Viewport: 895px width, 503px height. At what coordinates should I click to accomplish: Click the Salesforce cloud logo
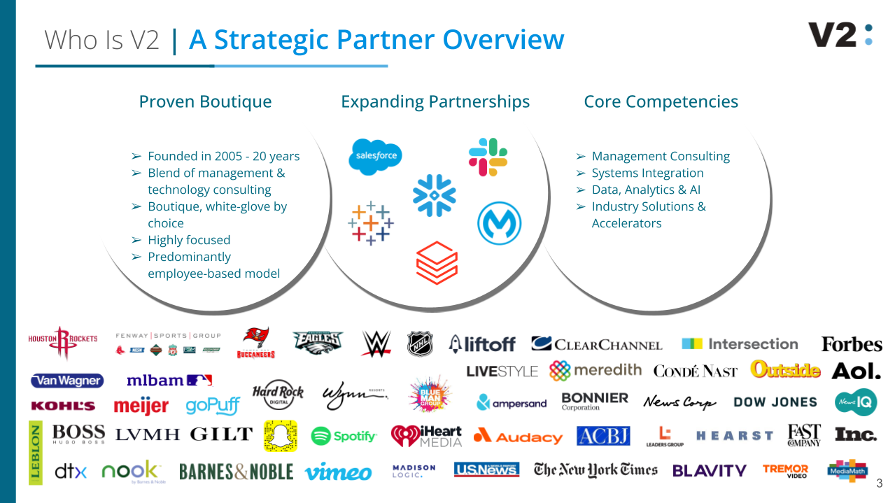[375, 155]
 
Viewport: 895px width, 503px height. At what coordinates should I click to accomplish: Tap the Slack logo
[488, 157]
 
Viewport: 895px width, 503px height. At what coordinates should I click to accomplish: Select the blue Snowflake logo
[434, 194]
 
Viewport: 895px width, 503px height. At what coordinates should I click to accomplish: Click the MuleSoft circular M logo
[499, 225]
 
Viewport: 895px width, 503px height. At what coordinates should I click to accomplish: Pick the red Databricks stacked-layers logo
[437, 263]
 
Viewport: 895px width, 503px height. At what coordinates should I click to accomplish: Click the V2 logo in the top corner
[840, 34]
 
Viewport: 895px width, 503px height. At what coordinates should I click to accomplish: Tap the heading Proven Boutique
[205, 101]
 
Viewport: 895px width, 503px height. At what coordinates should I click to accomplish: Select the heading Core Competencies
[661, 101]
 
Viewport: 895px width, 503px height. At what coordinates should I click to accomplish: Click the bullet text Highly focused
[189, 240]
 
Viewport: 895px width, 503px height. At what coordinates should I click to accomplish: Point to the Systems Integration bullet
[647, 173]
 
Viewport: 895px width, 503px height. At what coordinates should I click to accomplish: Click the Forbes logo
[851, 344]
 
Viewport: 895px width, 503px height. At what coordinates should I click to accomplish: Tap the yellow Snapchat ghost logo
[281, 436]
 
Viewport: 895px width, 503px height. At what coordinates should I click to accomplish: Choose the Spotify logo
[344, 436]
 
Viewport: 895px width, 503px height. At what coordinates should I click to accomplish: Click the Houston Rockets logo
[63, 342]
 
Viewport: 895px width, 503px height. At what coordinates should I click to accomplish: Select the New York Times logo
[596, 470]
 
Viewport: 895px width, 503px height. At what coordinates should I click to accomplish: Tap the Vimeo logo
[338, 472]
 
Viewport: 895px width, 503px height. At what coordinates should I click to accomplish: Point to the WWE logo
[376, 343]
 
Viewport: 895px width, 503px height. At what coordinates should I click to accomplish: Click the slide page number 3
[880, 483]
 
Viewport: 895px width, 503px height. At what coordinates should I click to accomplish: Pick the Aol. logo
[855, 371]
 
